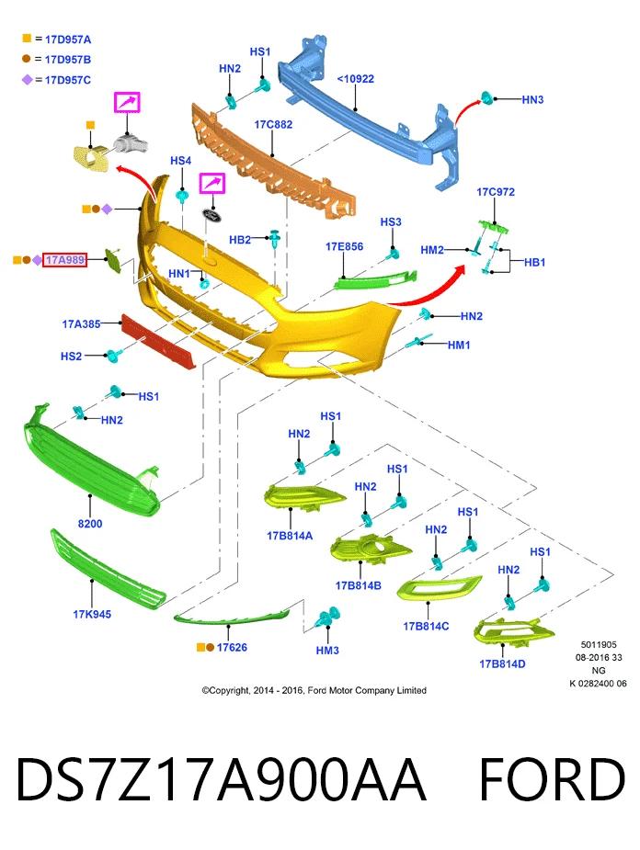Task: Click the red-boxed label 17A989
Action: click(x=64, y=260)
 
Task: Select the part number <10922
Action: click(x=355, y=79)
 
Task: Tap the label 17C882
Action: click(x=273, y=125)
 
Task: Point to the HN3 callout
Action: click(x=532, y=100)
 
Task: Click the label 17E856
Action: click(x=345, y=246)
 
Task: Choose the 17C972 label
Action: click(x=496, y=192)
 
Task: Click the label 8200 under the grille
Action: click(x=90, y=524)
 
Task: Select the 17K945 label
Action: click(x=92, y=614)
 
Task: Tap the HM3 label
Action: click(x=327, y=651)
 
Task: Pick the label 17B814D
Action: click(x=502, y=664)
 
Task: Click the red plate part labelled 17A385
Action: click(x=158, y=342)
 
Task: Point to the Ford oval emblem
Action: click(x=211, y=215)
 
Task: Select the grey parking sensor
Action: click(x=131, y=143)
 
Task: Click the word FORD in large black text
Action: click(x=553, y=779)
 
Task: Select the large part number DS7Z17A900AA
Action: click(x=221, y=779)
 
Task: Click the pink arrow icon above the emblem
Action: click(x=212, y=183)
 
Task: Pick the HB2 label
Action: click(x=240, y=240)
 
